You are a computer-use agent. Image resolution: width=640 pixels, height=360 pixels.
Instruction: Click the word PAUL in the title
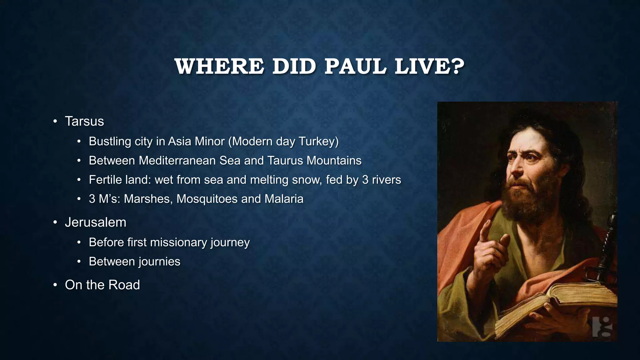(x=355, y=67)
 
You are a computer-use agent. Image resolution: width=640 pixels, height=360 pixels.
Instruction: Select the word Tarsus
(x=84, y=121)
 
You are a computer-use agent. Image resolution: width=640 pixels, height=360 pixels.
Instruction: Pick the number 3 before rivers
(x=365, y=180)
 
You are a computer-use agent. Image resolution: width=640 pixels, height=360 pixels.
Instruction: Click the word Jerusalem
(x=96, y=222)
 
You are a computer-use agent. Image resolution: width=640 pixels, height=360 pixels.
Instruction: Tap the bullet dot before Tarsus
(x=55, y=122)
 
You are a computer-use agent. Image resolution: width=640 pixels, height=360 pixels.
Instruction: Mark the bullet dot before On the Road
(x=55, y=285)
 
